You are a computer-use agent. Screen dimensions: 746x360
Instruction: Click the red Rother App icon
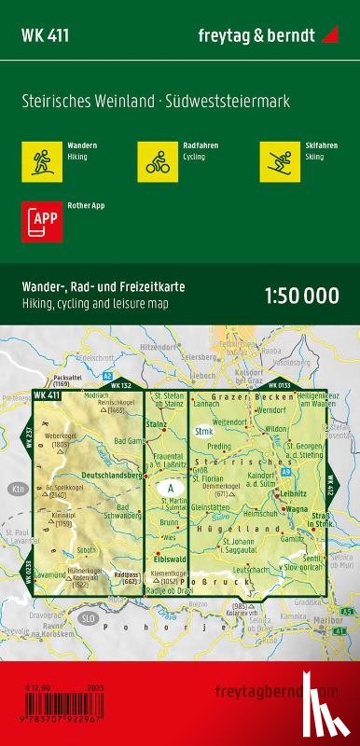[35, 219]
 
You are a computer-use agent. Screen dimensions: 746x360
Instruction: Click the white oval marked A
[170, 488]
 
